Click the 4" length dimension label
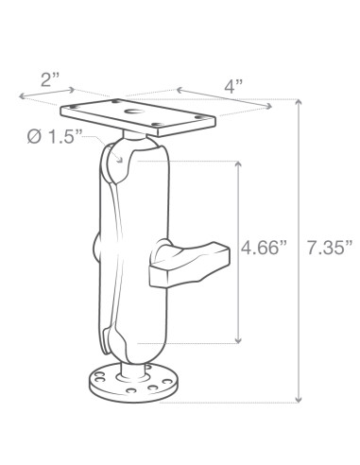(232, 86)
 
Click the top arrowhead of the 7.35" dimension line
(300, 102)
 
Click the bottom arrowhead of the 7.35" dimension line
(300, 400)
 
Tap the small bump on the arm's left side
(97, 250)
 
